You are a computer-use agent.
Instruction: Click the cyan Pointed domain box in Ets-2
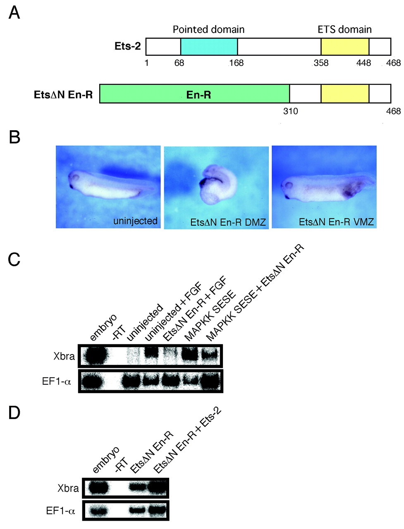click(x=209, y=47)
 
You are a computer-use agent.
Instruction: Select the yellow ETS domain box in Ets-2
click(x=345, y=47)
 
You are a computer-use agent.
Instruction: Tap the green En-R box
click(x=194, y=94)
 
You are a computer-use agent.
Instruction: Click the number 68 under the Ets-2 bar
click(x=179, y=63)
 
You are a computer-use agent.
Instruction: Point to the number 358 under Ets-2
click(x=321, y=63)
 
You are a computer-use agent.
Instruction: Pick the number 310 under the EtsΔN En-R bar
click(x=290, y=111)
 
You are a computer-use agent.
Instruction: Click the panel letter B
click(x=14, y=137)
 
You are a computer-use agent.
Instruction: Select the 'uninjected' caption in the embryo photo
click(x=135, y=221)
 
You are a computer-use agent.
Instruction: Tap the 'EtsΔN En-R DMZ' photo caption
click(x=228, y=223)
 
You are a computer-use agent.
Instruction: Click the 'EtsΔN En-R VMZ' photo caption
click(x=336, y=222)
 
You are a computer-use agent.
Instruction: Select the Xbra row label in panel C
click(x=64, y=356)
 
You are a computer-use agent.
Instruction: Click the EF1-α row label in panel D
click(x=60, y=511)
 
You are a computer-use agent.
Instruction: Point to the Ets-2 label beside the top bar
click(x=128, y=46)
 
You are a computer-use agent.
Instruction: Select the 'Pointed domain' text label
click(x=208, y=29)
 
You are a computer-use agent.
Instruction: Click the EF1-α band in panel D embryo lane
click(x=98, y=511)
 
